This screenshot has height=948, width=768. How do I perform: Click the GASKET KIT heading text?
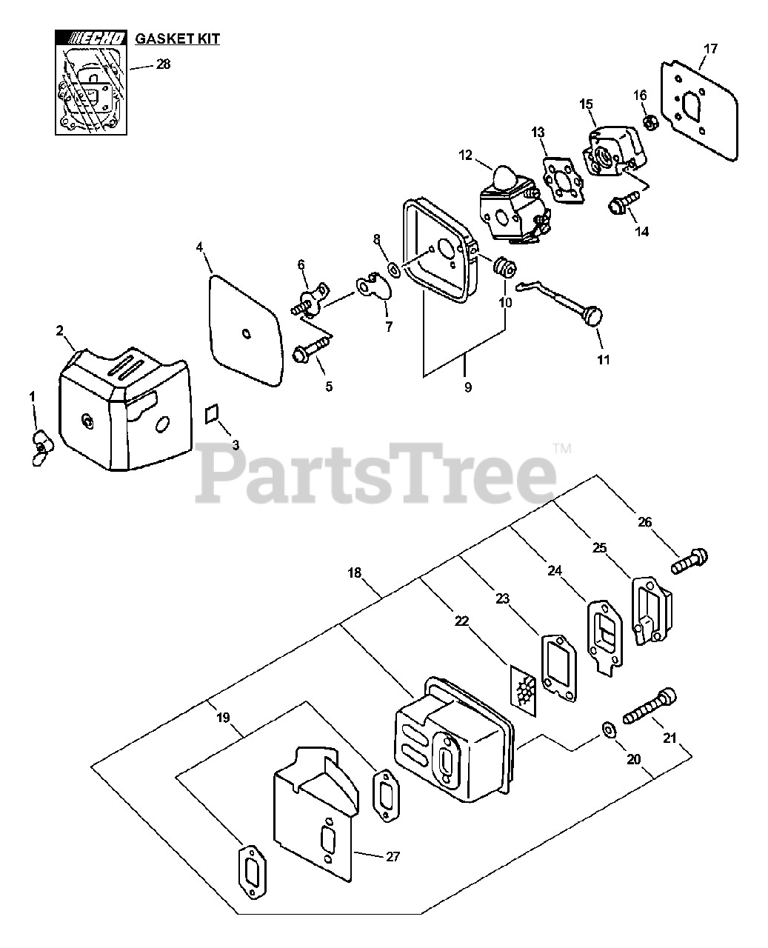point(177,39)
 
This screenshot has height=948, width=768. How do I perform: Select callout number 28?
point(163,64)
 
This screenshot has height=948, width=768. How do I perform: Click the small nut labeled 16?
point(646,121)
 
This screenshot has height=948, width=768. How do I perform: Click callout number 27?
point(393,857)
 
